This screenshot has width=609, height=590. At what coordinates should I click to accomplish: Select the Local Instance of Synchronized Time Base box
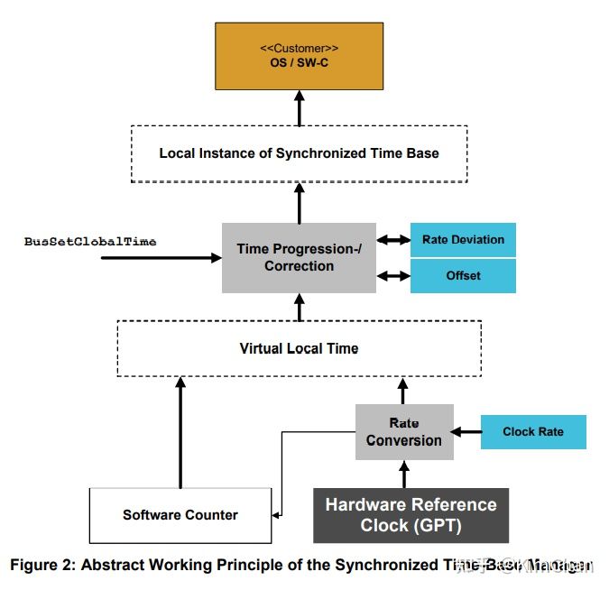coord(299,153)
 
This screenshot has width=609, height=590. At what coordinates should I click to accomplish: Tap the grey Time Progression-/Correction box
coord(299,258)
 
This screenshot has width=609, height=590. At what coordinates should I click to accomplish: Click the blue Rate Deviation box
coord(463,240)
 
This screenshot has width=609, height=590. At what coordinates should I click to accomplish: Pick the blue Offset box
coord(463,276)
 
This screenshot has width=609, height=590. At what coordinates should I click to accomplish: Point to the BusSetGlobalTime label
coord(90,242)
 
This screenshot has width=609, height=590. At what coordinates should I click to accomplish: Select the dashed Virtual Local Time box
coord(299,348)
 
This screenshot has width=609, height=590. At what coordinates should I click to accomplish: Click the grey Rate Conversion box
coord(403,432)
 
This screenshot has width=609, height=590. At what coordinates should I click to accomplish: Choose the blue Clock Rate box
coord(532,432)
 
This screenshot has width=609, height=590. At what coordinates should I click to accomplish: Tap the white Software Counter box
coord(180,515)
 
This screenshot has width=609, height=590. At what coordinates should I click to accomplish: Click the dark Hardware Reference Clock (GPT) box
coord(411,515)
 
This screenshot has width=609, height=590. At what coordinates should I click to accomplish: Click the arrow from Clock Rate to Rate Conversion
coord(466,433)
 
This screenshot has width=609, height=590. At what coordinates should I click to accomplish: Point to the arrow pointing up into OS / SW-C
coord(299,111)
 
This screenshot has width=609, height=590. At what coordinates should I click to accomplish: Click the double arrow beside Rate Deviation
coord(393,240)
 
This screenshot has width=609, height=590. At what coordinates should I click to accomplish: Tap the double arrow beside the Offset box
coord(393,276)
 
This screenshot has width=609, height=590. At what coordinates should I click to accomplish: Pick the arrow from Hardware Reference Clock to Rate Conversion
coord(403,474)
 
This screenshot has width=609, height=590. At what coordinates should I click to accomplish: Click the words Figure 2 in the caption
coord(41,566)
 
